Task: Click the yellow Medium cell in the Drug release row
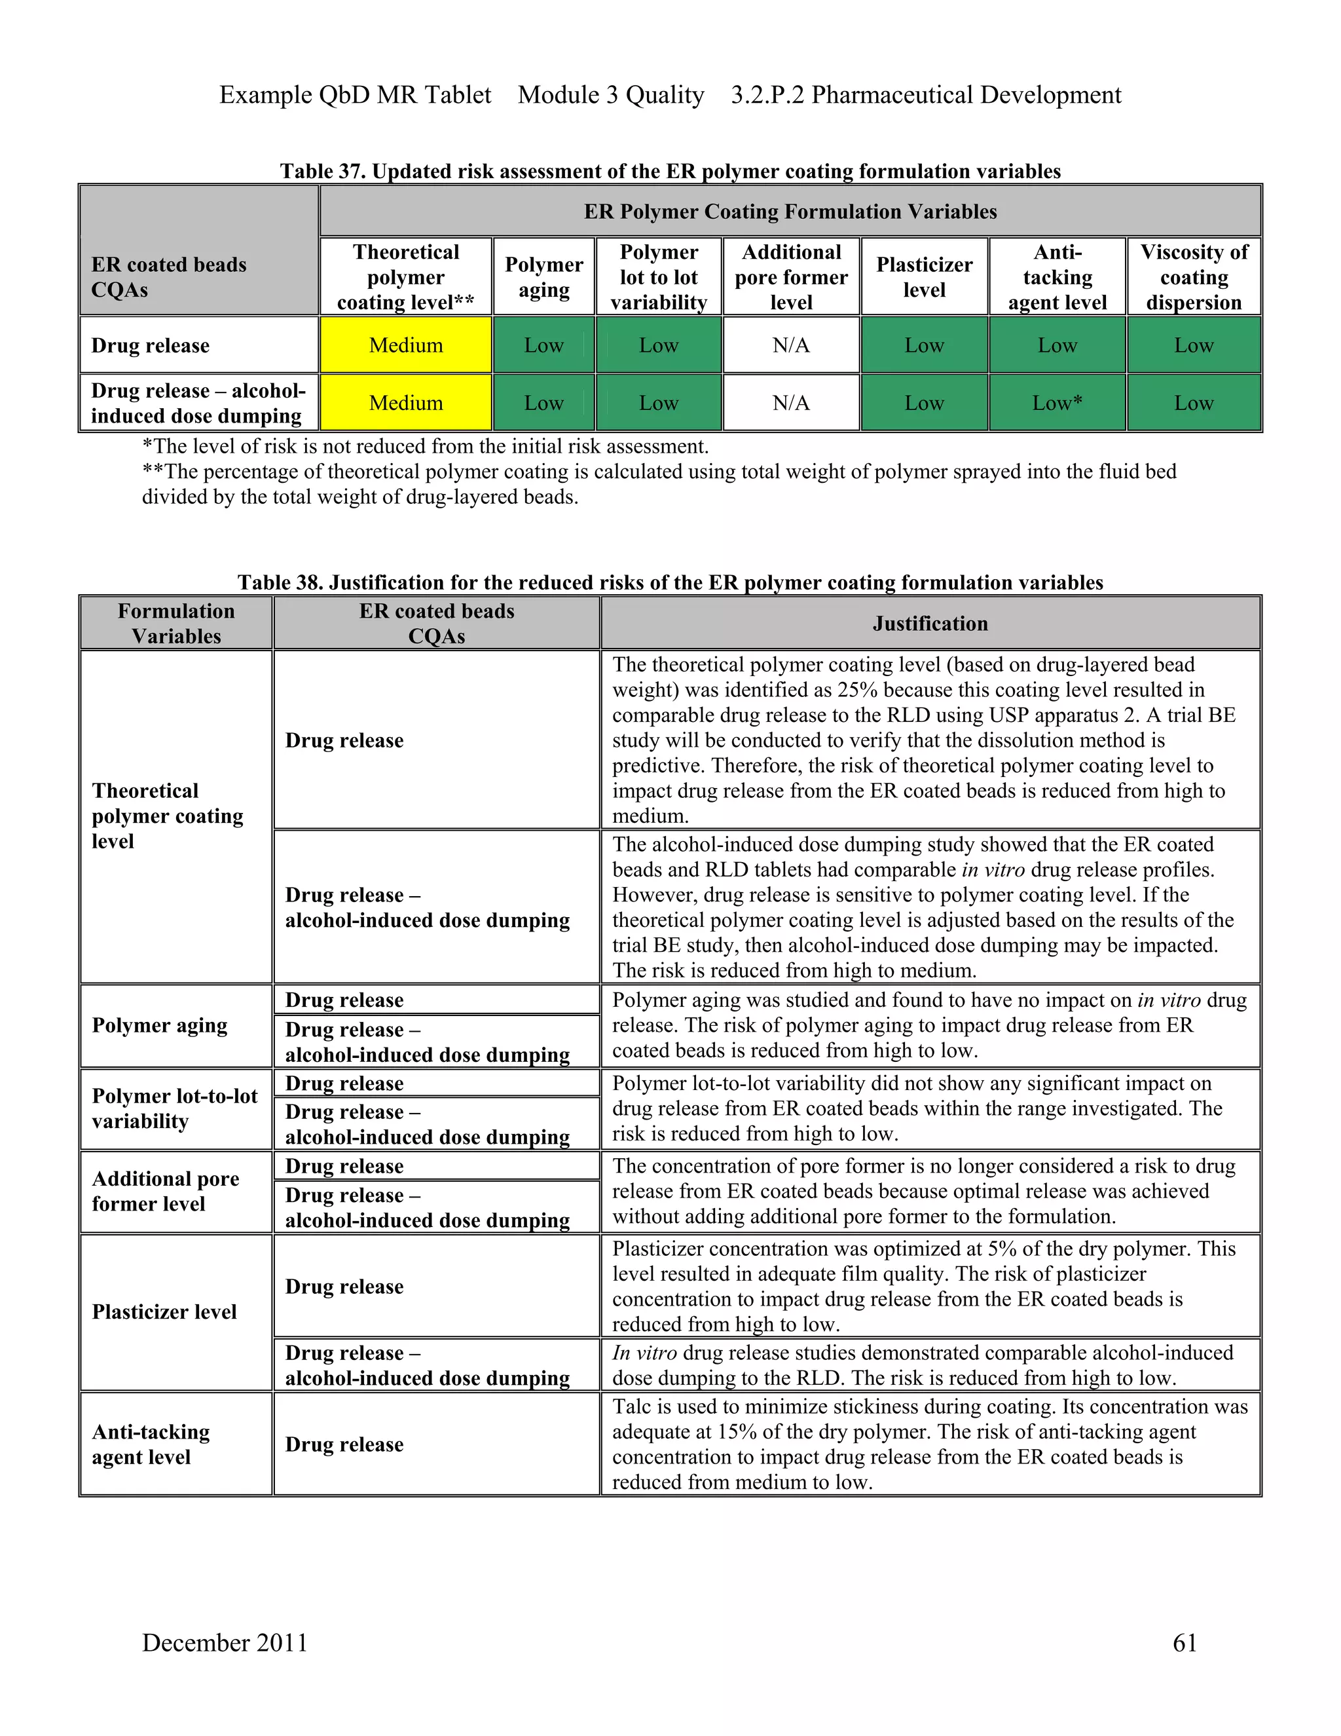coord(405,345)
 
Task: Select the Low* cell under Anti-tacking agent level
coord(1057,403)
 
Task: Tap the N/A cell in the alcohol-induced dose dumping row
coord(790,403)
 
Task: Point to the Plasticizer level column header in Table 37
coord(924,276)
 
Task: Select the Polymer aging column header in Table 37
coord(543,276)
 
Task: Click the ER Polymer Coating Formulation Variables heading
coord(790,212)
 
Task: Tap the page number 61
coord(1185,1642)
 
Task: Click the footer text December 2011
coord(225,1642)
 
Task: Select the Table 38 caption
coord(670,582)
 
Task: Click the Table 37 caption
coord(670,172)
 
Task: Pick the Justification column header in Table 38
coord(930,623)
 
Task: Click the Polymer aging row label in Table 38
coord(160,1025)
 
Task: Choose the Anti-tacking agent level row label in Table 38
coord(151,1444)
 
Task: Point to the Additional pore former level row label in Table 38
coord(165,1191)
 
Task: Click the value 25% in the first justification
coord(857,690)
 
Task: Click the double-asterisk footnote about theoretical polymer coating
coord(659,484)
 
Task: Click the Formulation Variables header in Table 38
coord(176,623)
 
